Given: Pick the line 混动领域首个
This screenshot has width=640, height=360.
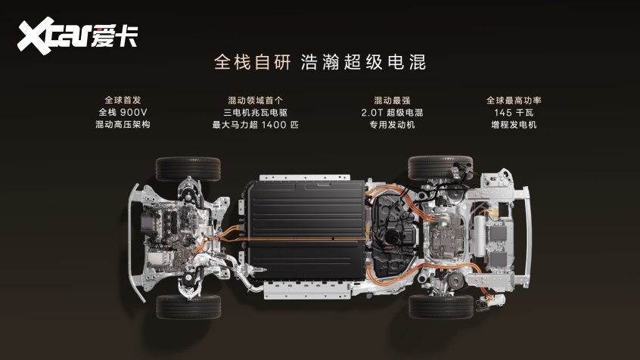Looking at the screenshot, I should (x=255, y=100).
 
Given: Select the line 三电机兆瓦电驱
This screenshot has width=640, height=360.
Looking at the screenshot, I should (x=255, y=113).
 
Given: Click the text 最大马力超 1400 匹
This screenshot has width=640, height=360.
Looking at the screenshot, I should (x=255, y=125).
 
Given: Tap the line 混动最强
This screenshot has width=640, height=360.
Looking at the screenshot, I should (x=392, y=100).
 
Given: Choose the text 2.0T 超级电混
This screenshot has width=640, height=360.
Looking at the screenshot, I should (x=392, y=113).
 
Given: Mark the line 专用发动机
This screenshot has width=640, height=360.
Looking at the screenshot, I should (x=392, y=125).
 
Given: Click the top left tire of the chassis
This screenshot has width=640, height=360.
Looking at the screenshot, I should (x=188, y=167).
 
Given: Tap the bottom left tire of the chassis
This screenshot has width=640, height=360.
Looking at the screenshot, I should (x=188, y=306).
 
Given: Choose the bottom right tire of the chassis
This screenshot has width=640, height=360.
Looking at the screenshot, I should (x=440, y=306).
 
